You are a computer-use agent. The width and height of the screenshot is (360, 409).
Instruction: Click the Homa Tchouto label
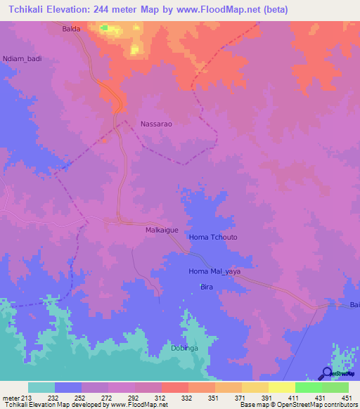(x=213, y=238)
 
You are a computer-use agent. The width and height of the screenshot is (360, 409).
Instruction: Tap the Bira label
(x=207, y=287)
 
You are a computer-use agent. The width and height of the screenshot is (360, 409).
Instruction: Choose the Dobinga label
(x=184, y=348)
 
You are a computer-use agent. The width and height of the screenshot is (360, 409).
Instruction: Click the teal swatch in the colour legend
(x=41, y=387)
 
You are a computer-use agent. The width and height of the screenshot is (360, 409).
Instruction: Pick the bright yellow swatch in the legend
(x=281, y=387)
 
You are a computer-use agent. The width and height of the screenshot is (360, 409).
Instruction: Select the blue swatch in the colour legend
(x=68, y=387)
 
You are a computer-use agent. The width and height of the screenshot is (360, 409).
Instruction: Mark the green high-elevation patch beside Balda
(x=105, y=28)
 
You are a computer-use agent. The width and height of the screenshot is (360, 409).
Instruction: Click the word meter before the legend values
(x=11, y=398)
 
